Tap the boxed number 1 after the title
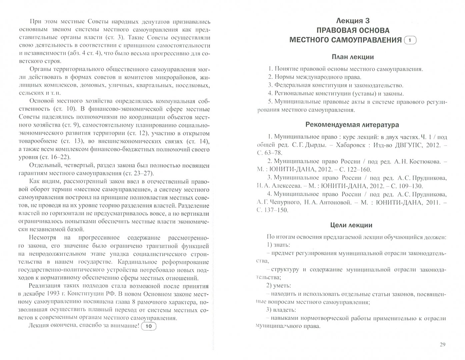click(x=410, y=40)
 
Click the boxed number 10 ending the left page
click(x=149, y=326)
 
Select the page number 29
click(x=442, y=345)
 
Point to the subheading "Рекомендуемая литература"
click(x=352, y=125)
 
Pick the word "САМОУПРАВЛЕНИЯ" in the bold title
click(x=364, y=40)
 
